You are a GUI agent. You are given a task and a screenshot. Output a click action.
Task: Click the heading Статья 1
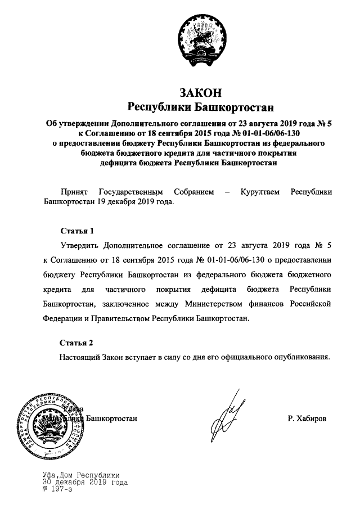pyautogui.click(x=75, y=231)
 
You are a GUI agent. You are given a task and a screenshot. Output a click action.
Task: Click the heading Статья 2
pyautogui.click(x=75, y=342)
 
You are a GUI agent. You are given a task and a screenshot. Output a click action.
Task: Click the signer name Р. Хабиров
pyautogui.click(x=307, y=419)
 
